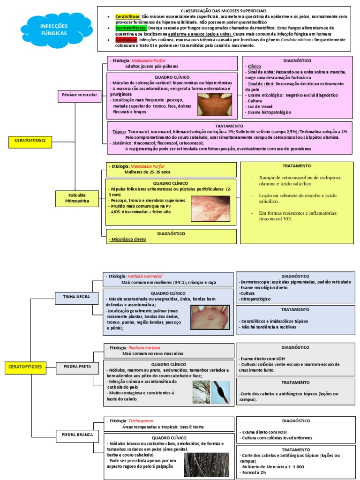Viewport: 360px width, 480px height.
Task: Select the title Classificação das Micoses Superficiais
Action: point(223,10)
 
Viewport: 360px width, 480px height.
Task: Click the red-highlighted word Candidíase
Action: point(127,40)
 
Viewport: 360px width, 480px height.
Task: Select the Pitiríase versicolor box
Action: point(80,95)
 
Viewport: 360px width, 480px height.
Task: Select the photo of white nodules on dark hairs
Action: point(207,464)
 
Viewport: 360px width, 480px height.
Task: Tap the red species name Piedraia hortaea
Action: point(144,348)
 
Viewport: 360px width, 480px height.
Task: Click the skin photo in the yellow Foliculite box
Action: point(211,209)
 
